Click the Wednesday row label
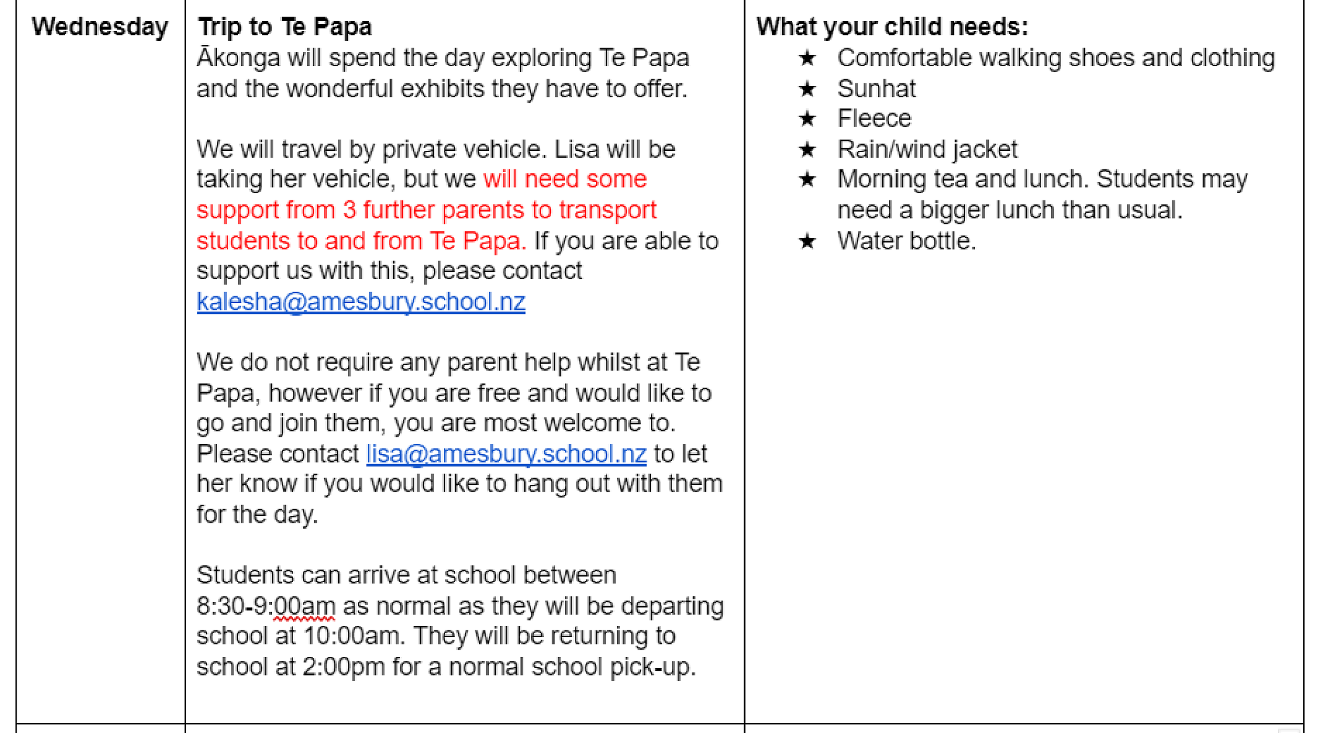click(x=100, y=27)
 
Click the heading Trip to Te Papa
click(x=284, y=27)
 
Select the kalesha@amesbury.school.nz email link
click(x=361, y=302)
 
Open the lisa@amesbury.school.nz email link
click(x=506, y=454)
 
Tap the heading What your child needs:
click(x=892, y=27)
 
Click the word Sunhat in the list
click(x=876, y=89)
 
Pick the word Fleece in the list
click(x=874, y=118)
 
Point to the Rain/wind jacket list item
click(x=927, y=150)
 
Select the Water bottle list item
click(x=906, y=241)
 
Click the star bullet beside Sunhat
click(x=807, y=89)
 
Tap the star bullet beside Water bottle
click(x=807, y=241)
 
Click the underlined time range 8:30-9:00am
click(x=266, y=606)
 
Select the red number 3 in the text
click(x=349, y=210)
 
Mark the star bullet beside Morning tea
click(x=807, y=179)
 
